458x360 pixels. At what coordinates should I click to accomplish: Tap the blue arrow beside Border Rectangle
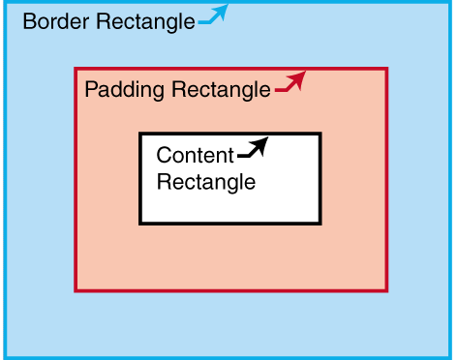214,15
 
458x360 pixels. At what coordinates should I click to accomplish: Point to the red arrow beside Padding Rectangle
290,83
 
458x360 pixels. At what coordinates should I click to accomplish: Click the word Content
195,156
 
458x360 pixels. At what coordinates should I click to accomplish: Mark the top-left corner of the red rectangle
76,69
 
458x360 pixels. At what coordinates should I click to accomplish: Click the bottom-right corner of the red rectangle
386,289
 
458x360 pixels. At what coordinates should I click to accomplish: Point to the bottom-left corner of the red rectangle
76,289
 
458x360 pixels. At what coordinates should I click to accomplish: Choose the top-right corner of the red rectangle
386,69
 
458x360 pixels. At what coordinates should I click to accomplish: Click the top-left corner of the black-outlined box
140,134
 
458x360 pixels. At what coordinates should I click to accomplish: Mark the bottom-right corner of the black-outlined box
320,224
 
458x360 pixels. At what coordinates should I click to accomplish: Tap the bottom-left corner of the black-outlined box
140,224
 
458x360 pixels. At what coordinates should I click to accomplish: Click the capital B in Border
28,21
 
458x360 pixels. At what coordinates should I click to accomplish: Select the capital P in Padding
91,90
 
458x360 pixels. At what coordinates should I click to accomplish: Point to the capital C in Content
164,156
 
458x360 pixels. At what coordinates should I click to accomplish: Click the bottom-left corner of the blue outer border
4,356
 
